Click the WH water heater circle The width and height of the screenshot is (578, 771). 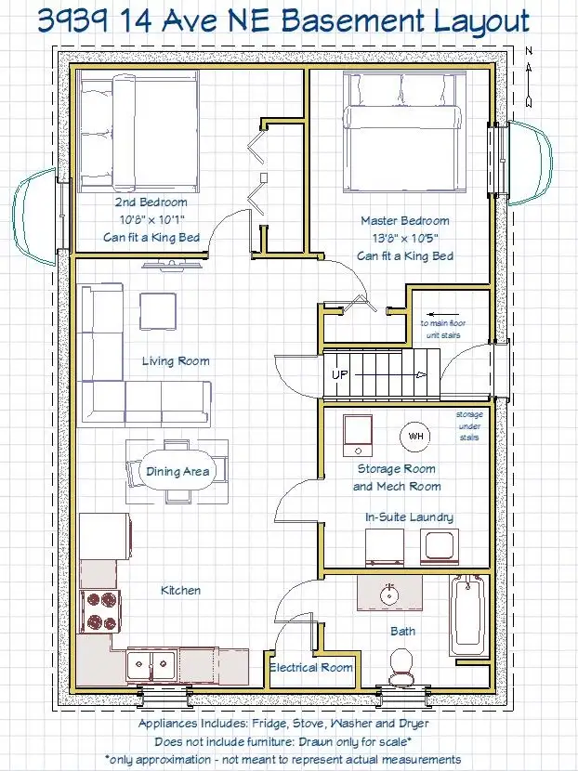tap(414, 436)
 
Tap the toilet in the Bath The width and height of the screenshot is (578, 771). tap(401, 667)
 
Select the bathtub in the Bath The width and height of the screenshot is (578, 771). tap(467, 616)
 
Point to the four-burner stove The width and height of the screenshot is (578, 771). tap(100, 611)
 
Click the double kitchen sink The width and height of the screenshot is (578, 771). tap(152, 664)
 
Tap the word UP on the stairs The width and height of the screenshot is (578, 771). tap(339, 374)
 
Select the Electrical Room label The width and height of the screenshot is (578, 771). tap(311, 667)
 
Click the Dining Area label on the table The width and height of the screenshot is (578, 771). tap(177, 472)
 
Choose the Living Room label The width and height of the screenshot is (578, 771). tap(176, 361)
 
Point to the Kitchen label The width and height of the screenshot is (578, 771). tap(180, 590)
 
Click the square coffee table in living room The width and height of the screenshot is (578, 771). tap(158, 312)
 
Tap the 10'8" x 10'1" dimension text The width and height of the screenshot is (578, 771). tap(152, 219)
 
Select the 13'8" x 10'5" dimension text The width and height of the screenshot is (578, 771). tap(405, 239)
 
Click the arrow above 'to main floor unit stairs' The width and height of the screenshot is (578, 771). tap(442, 314)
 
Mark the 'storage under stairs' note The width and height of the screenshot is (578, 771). tap(469, 425)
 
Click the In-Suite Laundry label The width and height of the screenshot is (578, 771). tap(409, 516)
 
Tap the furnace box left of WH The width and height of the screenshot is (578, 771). tap(358, 436)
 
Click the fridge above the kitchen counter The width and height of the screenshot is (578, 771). tap(105, 536)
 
